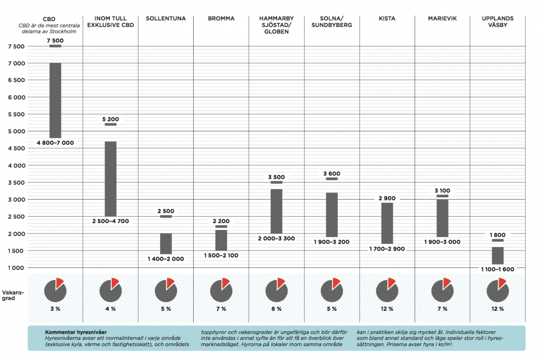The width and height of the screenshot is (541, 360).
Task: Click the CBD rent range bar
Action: pyautogui.click(x=55, y=100)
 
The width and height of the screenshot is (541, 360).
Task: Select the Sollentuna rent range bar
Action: pyautogui.click(x=166, y=243)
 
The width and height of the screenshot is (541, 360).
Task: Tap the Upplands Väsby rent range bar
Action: pyautogui.click(x=497, y=255)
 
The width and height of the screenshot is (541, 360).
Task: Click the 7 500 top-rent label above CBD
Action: pyautogui.click(x=55, y=41)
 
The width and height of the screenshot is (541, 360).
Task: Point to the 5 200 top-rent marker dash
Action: pyautogui.click(x=111, y=125)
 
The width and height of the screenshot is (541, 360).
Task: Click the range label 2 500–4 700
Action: pyautogui.click(x=111, y=221)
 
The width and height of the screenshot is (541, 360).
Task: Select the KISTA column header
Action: pyautogui.click(x=387, y=19)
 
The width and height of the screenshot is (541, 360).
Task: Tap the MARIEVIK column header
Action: pyautogui.click(x=442, y=19)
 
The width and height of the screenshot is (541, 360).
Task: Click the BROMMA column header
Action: pyautogui.click(x=221, y=19)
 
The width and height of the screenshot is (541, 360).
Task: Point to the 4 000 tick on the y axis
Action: pyautogui.click(x=17, y=165)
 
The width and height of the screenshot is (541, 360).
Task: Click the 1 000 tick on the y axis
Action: pyautogui.click(x=17, y=268)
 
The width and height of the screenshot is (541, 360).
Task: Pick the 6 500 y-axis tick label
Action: pyautogui.click(x=17, y=80)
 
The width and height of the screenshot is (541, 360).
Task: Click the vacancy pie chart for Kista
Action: pyautogui.click(x=387, y=290)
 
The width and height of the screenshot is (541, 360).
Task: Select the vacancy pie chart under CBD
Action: pyautogui.click(x=55, y=290)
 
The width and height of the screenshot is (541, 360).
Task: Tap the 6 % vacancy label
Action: pyautogui.click(x=276, y=309)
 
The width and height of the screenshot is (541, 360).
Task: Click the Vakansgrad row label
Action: pyautogui.click(x=13, y=295)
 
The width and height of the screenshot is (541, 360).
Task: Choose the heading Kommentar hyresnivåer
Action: pyautogui.click(x=76, y=332)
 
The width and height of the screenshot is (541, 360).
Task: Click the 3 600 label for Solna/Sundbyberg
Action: pyautogui.click(x=332, y=174)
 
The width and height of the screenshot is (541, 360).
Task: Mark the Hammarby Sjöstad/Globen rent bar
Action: pyautogui.click(x=276, y=211)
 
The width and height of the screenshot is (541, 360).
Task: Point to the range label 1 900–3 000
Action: pyautogui.click(x=442, y=242)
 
